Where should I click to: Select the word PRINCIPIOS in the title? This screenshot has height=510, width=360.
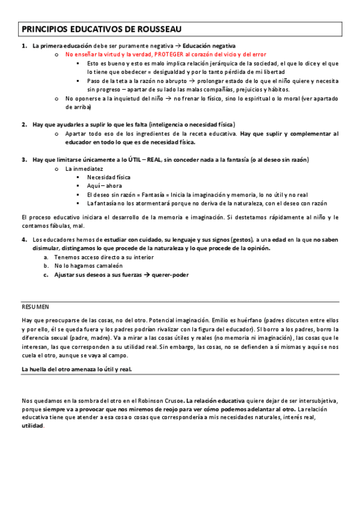point(44,29)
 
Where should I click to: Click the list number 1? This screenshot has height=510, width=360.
point(23,46)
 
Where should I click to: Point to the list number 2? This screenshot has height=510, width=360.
point(23,124)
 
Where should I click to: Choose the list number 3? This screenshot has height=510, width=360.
point(23,160)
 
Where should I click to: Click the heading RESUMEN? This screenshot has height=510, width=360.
point(35,306)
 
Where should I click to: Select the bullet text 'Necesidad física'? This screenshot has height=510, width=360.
point(108,177)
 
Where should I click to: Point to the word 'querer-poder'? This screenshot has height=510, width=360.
point(172,275)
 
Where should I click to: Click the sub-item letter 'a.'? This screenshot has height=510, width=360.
point(46,257)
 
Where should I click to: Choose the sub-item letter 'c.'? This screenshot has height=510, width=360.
point(46,275)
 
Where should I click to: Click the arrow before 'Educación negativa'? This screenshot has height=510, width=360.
point(178,46)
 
